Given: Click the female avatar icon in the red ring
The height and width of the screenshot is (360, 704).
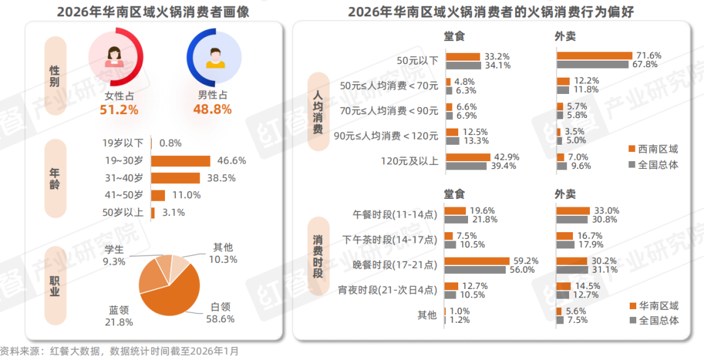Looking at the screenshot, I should tap(115, 57).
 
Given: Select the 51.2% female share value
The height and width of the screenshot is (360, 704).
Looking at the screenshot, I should tap(119, 110).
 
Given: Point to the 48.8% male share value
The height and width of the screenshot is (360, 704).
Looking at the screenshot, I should tap(213, 110).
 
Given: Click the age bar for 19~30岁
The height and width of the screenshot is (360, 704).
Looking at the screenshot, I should tap(181, 160).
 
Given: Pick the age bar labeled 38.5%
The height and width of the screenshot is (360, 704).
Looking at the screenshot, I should tap(175, 178).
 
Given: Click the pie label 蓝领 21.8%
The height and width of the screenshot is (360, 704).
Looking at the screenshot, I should tap(120, 316).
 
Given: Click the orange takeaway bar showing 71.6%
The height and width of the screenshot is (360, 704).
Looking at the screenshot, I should tap(594, 56).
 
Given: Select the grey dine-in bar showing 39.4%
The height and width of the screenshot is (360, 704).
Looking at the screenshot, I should tap(465, 166).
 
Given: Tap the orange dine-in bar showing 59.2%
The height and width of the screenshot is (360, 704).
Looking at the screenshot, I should tap(477, 261).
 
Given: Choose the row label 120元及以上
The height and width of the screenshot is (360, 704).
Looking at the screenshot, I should tap(409, 161).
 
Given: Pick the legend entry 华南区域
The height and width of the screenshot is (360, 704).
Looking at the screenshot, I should tap(653, 305).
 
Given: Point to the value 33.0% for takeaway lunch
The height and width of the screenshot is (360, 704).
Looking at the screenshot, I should tap(606, 211).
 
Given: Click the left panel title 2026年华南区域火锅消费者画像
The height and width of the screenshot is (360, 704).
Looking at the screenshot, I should tap(153, 12).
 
